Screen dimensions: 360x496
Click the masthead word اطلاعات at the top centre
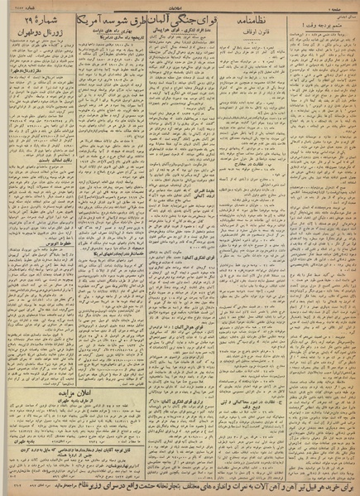pyautogui.click(x=180, y=6)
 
